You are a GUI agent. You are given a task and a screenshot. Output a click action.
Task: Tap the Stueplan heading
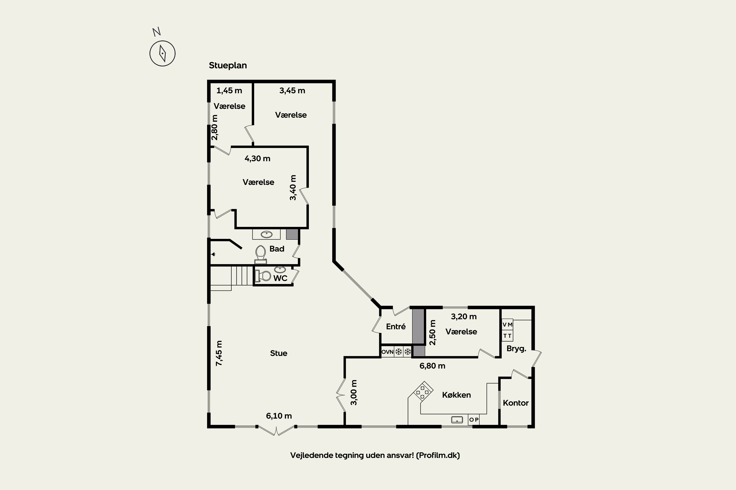pos(228,66)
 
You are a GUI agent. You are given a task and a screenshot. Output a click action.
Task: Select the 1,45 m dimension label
pos(229,91)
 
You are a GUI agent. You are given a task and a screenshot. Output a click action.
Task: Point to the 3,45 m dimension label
pos(292,91)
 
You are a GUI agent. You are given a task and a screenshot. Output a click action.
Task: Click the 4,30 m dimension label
pos(258,159)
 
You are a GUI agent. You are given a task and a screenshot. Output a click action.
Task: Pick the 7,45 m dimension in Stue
pos(219,353)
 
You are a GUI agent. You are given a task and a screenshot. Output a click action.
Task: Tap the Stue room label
pos(279,353)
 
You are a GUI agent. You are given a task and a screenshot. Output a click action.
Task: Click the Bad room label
pos(277,249)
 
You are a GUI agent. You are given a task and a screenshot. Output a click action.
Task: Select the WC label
pos(280,278)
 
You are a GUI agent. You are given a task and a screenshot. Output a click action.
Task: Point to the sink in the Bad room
pos(267,234)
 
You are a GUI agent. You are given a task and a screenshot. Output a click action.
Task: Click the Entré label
pos(396,327)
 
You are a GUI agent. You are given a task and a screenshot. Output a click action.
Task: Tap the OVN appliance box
pos(387,352)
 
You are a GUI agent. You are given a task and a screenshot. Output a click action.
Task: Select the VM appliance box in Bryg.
pos(508,324)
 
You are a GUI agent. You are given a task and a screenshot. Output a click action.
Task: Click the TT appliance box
pos(508,336)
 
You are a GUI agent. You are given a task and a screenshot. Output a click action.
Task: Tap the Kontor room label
pos(516,403)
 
